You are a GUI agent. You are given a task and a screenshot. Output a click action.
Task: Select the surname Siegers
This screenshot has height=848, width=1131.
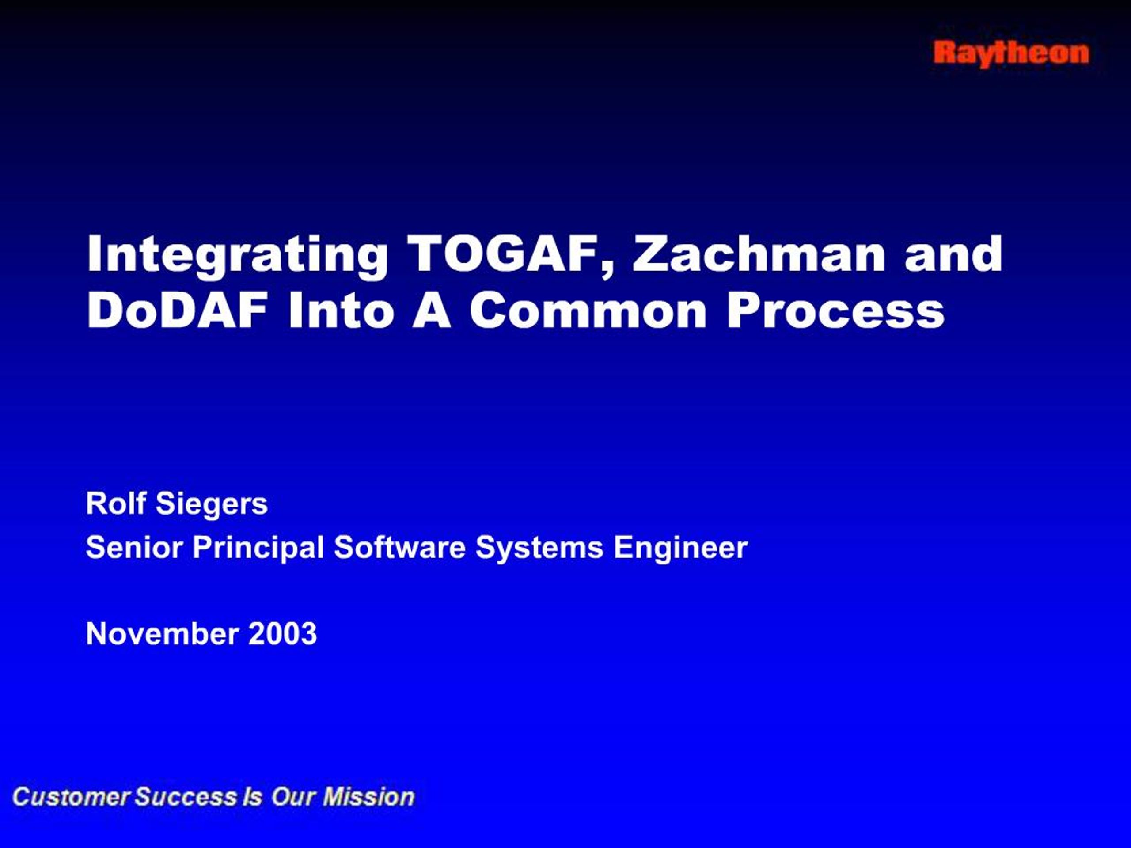[x=211, y=504]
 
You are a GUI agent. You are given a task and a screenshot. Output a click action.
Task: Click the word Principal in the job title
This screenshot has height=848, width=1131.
[x=258, y=548]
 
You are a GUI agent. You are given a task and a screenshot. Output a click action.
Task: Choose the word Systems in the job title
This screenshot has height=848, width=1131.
[x=539, y=548]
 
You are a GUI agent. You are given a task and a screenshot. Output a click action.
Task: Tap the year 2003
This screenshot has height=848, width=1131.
[x=282, y=634]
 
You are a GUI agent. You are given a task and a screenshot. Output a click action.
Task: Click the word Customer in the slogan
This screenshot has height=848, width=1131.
[x=72, y=797]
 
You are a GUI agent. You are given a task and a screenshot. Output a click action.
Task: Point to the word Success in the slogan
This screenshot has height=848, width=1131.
[x=186, y=797]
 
